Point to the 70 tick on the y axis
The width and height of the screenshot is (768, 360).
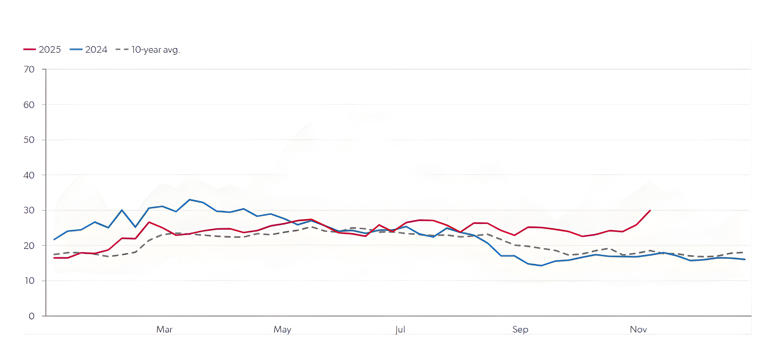tap(29, 70)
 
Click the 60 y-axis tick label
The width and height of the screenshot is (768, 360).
tap(29, 105)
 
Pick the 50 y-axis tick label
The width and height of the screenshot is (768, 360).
tap(29, 140)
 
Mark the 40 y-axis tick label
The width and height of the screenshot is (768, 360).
tap(29, 175)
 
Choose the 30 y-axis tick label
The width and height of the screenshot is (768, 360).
tap(29, 210)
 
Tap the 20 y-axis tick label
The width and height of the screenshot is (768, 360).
tap(29, 246)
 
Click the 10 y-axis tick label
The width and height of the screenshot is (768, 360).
tap(30, 281)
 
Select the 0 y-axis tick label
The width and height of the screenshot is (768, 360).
tap(32, 316)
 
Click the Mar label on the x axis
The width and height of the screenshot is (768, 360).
tap(164, 330)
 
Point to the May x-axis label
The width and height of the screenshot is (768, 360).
tap(282, 330)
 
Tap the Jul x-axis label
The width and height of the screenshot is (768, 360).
tap(400, 330)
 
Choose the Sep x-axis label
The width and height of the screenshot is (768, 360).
tap(520, 330)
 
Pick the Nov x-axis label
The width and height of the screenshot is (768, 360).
tap(638, 330)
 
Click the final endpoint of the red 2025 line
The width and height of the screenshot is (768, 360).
tap(650, 210)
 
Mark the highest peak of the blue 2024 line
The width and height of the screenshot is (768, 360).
tap(190, 200)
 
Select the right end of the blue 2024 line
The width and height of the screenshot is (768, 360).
tap(745, 260)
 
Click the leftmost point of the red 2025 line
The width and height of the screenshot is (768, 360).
tap(54, 258)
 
